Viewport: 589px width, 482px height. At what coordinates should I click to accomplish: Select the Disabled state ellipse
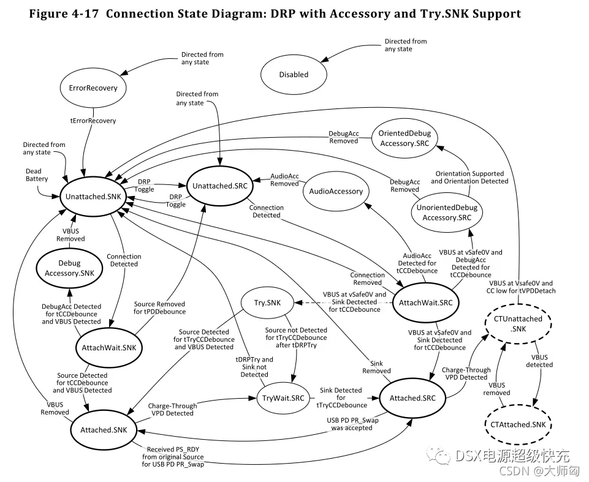coord(294,75)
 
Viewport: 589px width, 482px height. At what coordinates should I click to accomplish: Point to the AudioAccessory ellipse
coord(336,191)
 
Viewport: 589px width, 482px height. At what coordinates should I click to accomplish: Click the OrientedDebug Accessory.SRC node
coord(405,138)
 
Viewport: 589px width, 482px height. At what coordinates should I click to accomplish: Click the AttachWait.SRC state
coord(425,304)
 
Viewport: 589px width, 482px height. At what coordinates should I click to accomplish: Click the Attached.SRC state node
coord(412,398)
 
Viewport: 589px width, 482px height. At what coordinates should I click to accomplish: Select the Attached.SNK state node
coord(104,430)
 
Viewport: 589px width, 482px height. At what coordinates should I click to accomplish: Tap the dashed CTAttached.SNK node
coord(519,424)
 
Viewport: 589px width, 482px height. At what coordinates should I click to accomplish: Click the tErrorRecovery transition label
coord(93,121)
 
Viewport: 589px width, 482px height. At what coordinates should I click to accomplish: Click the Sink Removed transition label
coord(376,367)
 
